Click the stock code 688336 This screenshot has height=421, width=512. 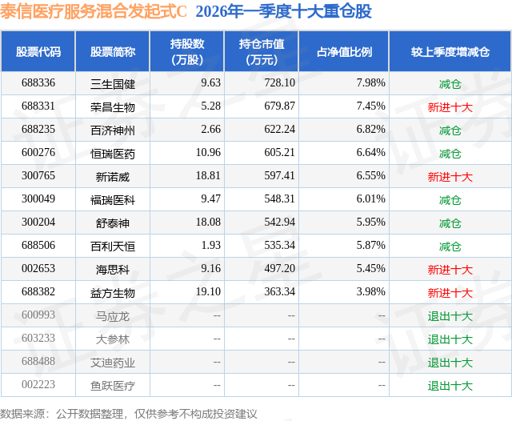(38, 83)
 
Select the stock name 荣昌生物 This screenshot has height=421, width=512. (113, 106)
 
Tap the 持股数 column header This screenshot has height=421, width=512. (187, 52)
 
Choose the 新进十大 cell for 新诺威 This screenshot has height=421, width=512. (450, 176)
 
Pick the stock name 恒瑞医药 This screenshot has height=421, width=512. (113, 153)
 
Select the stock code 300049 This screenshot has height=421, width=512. (38, 199)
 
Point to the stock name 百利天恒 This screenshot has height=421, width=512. (113, 246)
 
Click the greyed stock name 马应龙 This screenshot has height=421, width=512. (113, 316)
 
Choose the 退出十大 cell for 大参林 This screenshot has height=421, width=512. (450, 339)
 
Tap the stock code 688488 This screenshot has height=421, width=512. (38, 362)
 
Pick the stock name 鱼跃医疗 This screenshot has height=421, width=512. (113, 386)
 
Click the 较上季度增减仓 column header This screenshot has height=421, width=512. (450, 52)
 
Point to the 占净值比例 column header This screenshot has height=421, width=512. (344, 52)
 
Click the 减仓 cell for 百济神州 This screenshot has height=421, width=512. (450, 130)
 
